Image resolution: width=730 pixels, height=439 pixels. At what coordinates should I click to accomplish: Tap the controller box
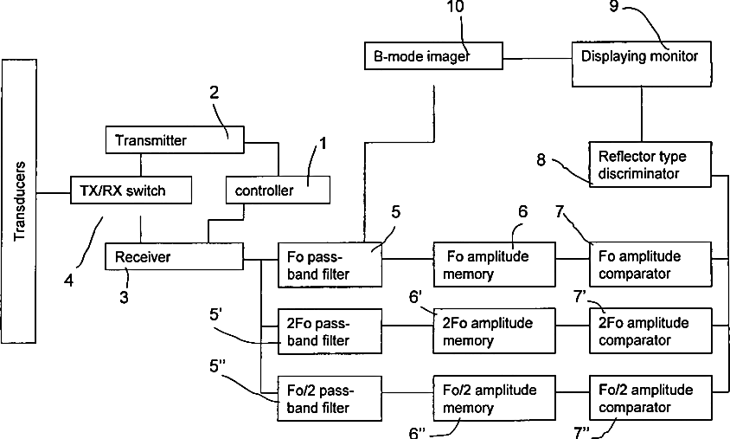point(278,189)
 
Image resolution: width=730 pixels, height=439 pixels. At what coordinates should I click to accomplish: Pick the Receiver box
point(174,256)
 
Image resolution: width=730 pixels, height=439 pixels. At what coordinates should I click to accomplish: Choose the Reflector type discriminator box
point(649,165)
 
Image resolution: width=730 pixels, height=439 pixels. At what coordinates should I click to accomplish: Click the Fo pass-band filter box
point(330,265)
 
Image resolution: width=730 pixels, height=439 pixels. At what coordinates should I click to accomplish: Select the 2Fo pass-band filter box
point(330,332)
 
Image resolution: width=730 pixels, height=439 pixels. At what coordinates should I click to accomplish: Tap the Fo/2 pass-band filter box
point(330,399)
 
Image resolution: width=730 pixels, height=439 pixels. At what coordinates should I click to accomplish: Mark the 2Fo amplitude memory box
point(494,332)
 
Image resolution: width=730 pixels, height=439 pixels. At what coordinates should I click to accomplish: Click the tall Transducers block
point(23,199)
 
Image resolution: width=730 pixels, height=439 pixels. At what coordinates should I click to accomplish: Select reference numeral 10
point(454,8)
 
